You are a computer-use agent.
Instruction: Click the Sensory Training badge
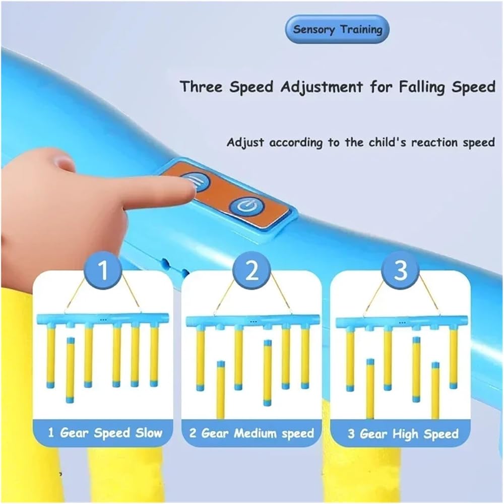(337, 29)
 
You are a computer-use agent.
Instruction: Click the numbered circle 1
(103, 271)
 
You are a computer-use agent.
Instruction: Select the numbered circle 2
(252, 271)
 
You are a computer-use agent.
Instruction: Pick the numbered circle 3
(401, 271)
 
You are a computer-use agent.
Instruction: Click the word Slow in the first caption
(149, 433)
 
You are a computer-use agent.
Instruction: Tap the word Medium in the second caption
(255, 433)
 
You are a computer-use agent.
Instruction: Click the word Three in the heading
(201, 87)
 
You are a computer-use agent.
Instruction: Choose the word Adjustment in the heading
(321, 87)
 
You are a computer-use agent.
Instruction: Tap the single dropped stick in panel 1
(70, 370)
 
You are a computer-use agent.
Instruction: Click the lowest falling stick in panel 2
(221, 390)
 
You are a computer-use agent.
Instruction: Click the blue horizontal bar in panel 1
(103, 319)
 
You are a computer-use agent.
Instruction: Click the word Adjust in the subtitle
(245, 143)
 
